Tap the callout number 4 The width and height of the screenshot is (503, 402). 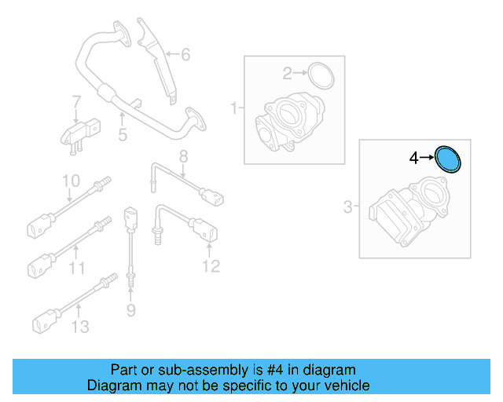click(x=414, y=159)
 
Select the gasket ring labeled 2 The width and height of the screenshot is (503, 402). click(x=321, y=75)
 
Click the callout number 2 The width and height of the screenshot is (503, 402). click(x=288, y=74)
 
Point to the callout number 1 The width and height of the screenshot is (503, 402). click(x=233, y=107)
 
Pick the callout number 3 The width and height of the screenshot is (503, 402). click(x=348, y=207)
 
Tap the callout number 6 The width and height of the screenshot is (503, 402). click(x=185, y=55)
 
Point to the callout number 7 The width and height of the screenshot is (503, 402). click(x=76, y=102)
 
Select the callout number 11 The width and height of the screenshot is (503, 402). click(x=76, y=269)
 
